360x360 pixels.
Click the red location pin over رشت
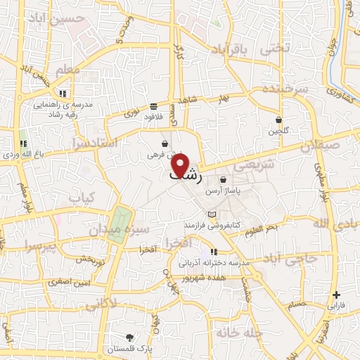click(181, 165)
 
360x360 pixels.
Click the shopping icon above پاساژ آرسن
click(223, 180)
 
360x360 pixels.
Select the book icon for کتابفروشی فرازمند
click(212, 214)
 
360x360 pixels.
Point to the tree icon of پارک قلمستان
click(129, 337)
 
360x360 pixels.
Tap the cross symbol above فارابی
click(337, 295)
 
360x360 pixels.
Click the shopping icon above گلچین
click(279, 120)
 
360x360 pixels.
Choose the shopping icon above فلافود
click(153, 106)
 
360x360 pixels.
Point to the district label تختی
click(276, 50)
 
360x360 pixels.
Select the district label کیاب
click(82, 198)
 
